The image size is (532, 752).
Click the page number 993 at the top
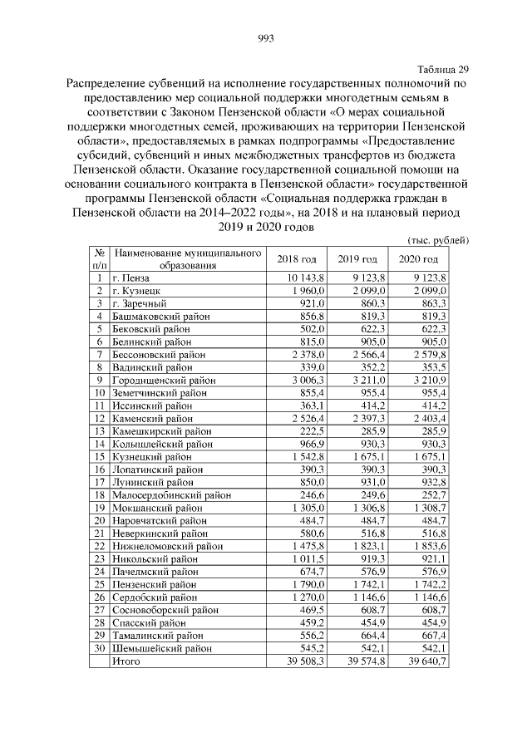[x=266, y=39]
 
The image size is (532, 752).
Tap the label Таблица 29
[x=442, y=70]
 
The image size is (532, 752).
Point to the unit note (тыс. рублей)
[x=437, y=239]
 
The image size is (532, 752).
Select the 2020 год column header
[x=419, y=259]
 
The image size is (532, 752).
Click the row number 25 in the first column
[x=99, y=584]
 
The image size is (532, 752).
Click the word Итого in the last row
[x=127, y=661]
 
